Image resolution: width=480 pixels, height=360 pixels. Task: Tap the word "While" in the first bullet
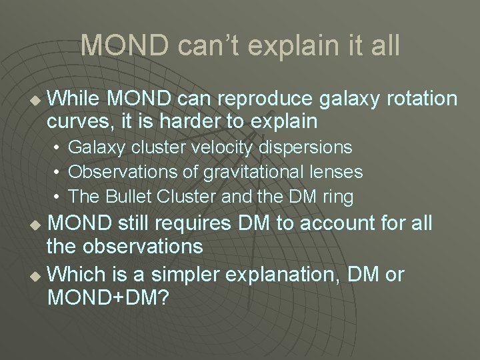point(74,99)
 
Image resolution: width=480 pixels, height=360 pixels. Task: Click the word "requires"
point(199,223)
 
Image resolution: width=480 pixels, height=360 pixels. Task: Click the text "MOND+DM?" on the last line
point(107,297)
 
